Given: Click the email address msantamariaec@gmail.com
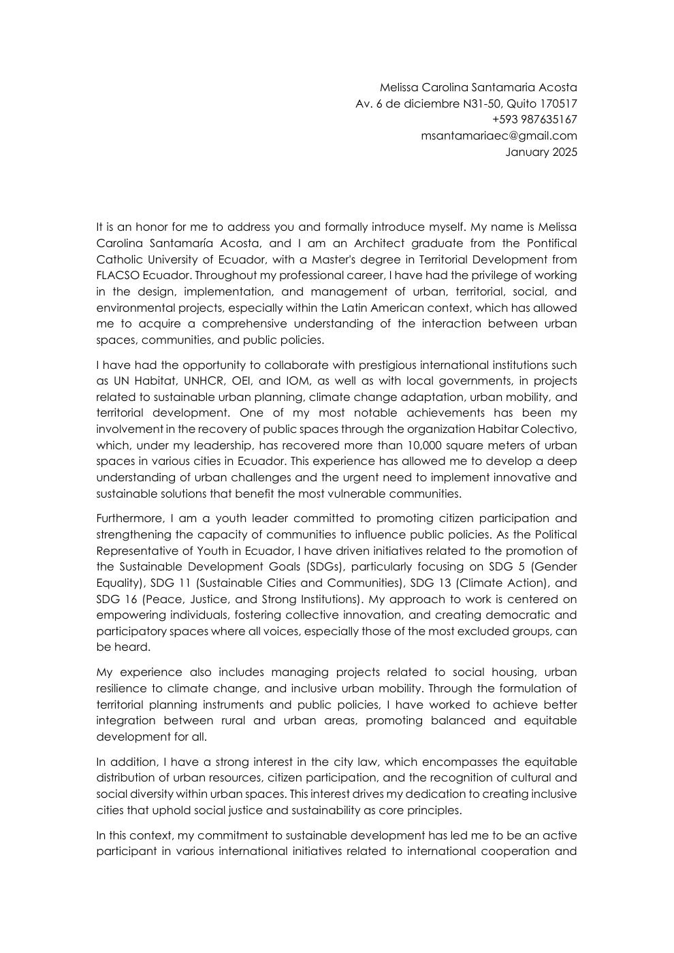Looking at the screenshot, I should pos(498,136).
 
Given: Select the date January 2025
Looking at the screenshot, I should pos(541,152).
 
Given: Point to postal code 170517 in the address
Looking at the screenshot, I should pos(558,104).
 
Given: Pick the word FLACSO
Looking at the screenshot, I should pos(116,276).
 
